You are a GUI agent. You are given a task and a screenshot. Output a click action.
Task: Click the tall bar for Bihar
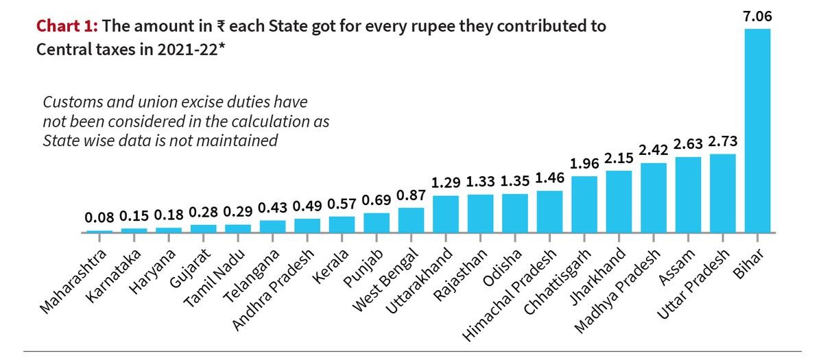tap(757, 130)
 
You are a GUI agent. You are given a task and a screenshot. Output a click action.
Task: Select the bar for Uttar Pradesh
tap(723, 193)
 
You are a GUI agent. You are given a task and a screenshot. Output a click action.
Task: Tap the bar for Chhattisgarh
tap(584, 204)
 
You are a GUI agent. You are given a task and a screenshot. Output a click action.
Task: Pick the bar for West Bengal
tap(411, 220)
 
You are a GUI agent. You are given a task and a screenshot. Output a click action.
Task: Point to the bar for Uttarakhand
tap(446, 214)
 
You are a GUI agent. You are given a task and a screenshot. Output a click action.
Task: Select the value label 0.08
tap(99, 218)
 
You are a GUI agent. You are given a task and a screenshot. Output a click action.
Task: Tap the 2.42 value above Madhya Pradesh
tap(654, 150)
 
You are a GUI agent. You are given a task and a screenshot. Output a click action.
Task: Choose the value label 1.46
tap(549, 178)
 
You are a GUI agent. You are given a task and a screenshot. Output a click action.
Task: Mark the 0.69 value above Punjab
tap(376, 201)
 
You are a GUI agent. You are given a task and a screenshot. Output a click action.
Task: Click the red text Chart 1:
tap(68, 27)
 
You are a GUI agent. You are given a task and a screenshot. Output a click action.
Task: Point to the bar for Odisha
tap(515, 213)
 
